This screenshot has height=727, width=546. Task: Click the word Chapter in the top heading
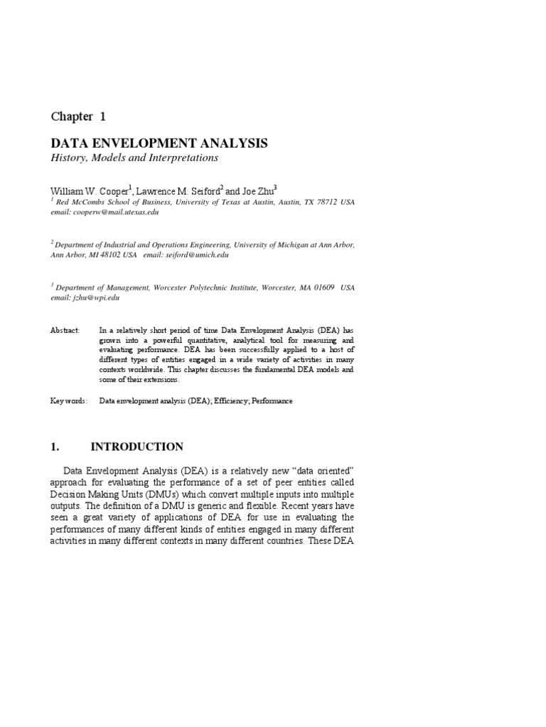pyautogui.click(x=71, y=116)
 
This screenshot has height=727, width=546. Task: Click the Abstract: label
pyautogui.click(x=65, y=330)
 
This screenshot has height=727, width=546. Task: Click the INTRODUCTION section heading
pyautogui.click(x=136, y=447)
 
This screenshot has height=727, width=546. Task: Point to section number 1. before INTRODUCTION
pyautogui.click(x=54, y=447)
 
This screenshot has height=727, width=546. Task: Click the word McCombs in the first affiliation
pyautogui.click(x=87, y=202)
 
